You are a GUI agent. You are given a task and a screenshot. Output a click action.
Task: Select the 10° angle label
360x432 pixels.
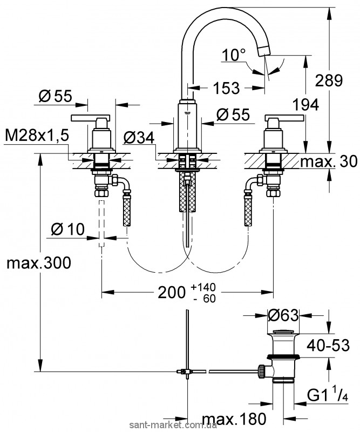[233, 55]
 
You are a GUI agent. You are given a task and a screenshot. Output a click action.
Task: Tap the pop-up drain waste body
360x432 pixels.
[283, 356]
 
